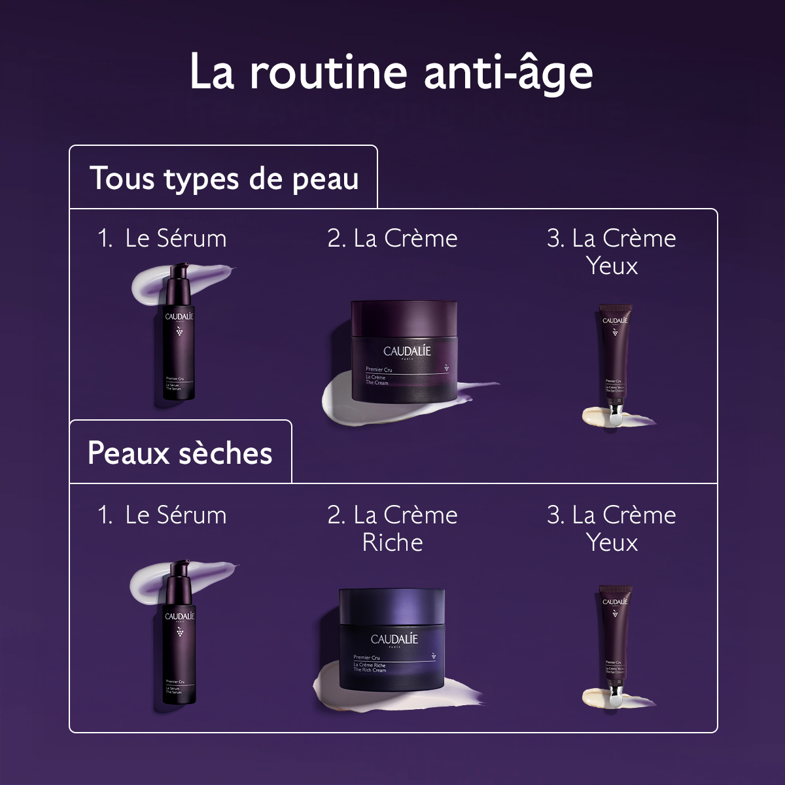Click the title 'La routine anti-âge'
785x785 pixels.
[391, 71]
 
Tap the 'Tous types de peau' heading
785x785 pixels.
[224, 178]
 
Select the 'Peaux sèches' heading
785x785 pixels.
[180, 453]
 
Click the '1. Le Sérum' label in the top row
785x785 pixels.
[162, 238]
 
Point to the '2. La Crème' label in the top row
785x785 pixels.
[392, 238]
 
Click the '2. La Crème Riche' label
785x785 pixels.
[392, 528]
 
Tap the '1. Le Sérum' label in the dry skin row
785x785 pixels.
[162, 515]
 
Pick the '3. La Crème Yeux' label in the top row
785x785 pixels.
[612, 251]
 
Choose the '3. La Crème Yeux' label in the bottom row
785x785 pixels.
[612, 528]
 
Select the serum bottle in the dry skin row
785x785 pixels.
[179, 638]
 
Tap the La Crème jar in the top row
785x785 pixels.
[400, 350]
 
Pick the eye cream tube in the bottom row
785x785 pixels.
[614, 638]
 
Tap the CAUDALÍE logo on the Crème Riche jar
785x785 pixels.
[394, 639]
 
